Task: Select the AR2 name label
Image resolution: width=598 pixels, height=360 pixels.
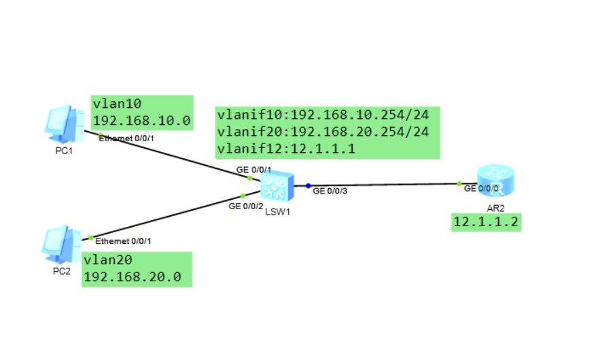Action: coord(495,207)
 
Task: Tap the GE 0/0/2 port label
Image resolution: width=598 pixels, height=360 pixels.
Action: coord(245,206)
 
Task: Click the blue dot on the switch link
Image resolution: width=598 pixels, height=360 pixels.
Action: coord(308,185)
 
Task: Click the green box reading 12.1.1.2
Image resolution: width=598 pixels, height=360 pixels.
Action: coord(486,222)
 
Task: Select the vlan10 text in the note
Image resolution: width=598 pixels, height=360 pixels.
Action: coord(116,105)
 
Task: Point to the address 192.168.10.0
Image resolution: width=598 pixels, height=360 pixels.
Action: coord(141,121)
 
